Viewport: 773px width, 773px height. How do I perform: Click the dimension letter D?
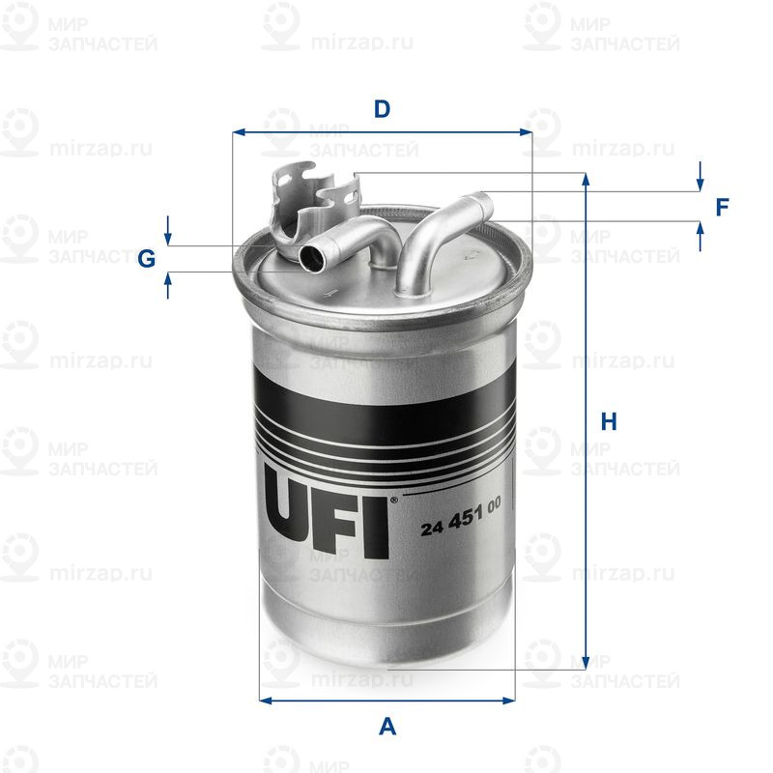pos(382,109)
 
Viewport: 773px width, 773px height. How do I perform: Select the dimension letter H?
pos(609,422)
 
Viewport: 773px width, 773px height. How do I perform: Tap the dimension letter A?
pos(387,727)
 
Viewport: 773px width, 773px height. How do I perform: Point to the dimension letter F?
pos(722,208)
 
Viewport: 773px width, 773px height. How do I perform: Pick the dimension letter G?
pos(147,258)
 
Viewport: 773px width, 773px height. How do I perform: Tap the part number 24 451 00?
pos(461,516)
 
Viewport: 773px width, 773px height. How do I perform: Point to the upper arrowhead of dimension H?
pos(586,179)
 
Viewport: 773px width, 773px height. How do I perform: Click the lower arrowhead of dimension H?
pos(586,663)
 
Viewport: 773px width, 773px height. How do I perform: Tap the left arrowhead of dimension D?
pos(239,132)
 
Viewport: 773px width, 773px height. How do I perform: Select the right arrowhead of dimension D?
pos(526,132)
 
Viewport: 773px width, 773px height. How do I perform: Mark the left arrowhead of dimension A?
pos(265,700)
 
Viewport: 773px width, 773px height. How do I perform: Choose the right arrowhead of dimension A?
pos(509,700)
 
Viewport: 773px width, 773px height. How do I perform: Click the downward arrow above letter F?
pos(700,176)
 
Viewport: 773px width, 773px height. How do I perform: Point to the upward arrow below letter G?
pos(168,285)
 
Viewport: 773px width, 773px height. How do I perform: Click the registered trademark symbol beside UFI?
pos(394,500)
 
